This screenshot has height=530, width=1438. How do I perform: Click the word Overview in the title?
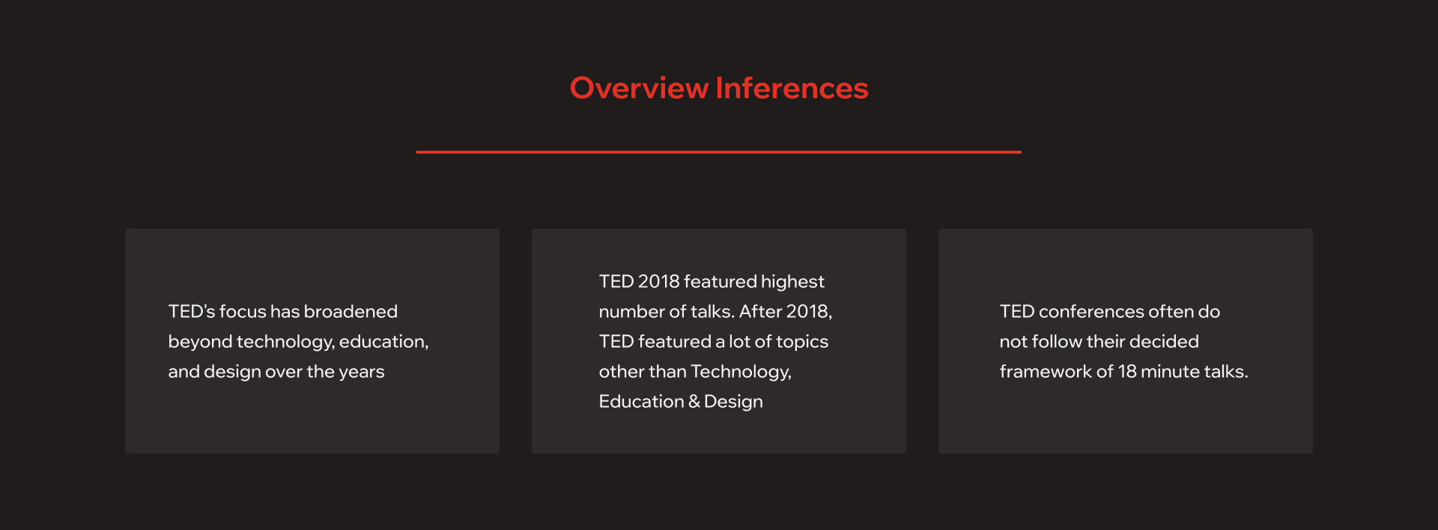click(x=639, y=88)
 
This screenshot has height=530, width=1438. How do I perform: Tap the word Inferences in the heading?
click(x=792, y=88)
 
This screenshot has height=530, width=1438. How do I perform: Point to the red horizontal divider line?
click(x=719, y=152)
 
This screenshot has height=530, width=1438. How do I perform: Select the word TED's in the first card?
click(x=192, y=311)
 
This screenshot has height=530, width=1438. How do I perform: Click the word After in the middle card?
click(x=760, y=311)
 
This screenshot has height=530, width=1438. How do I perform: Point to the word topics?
click(x=802, y=342)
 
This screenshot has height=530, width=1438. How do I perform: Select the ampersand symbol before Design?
click(x=694, y=402)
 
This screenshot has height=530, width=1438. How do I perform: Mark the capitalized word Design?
click(x=733, y=402)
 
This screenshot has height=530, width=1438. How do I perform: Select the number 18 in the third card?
click(x=1127, y=371)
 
